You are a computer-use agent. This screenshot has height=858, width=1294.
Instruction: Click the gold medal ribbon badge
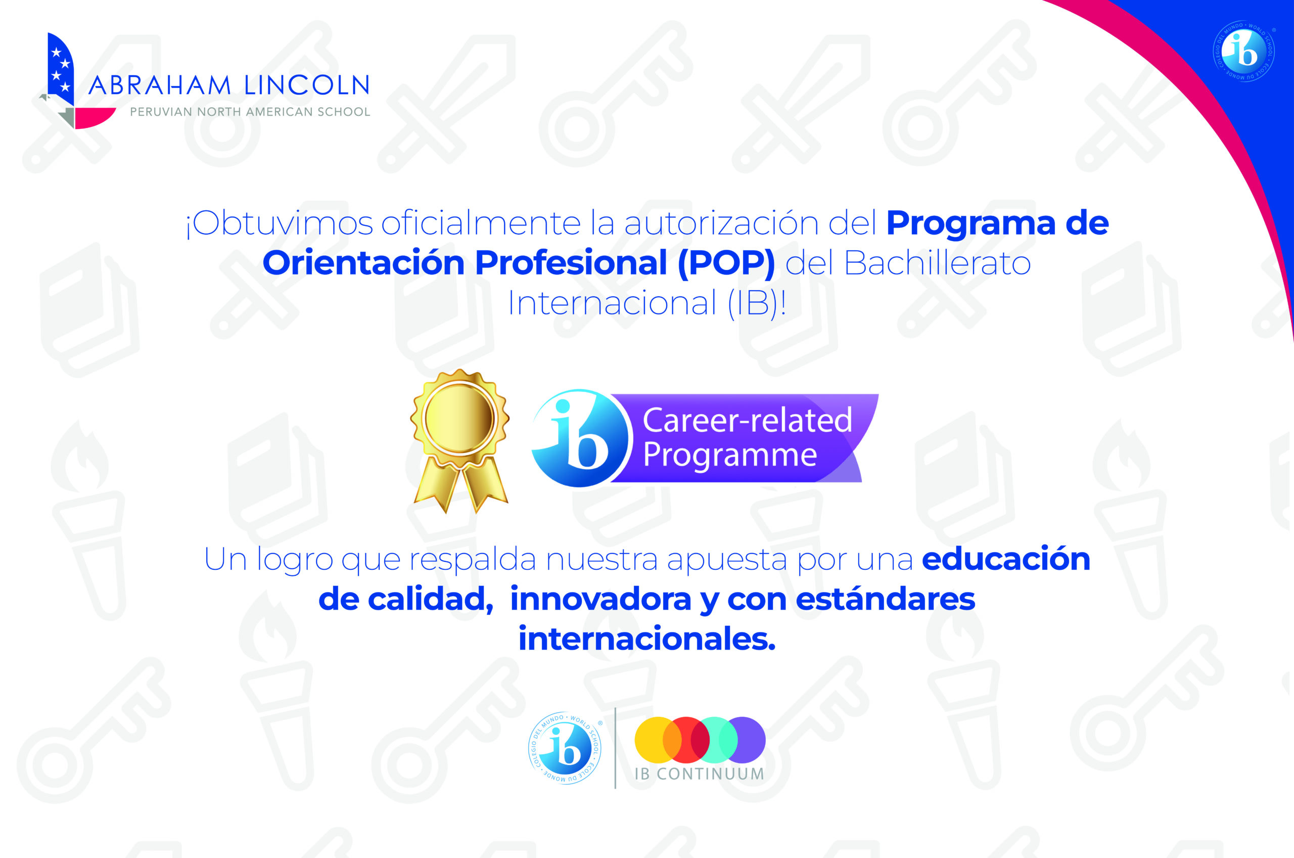point(459,440)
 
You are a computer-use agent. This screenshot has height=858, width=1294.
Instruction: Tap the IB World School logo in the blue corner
point(1243,51)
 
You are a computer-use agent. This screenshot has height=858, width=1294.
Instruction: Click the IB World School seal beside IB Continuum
point(565,748)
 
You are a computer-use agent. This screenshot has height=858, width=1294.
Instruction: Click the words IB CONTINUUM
point(700,774)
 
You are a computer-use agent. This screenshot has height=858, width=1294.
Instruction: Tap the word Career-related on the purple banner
point(747,420)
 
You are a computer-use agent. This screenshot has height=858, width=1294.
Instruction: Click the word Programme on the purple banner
point(729,455)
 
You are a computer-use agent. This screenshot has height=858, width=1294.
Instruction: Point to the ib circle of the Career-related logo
point(581,438)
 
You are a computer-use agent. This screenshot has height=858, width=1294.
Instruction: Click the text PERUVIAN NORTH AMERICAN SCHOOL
point(250,112)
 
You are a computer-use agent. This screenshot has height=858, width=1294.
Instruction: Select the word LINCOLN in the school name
point(307,85)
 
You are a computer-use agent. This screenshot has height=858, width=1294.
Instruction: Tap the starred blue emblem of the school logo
point(61,68)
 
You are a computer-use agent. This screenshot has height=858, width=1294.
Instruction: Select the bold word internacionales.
point(647,639)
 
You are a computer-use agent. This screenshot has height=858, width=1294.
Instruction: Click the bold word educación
point(1006,559)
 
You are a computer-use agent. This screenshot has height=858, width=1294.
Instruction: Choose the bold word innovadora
point(600,599)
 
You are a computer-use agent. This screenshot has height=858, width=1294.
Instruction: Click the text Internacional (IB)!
point(648,303)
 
